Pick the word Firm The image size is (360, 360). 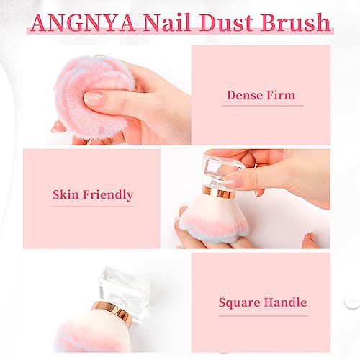coord(280,95)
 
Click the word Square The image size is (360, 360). coord(239,303)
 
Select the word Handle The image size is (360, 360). coord(284,303)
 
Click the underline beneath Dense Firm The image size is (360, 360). coord(261,107)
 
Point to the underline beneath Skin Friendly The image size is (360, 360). coord(92,207)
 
